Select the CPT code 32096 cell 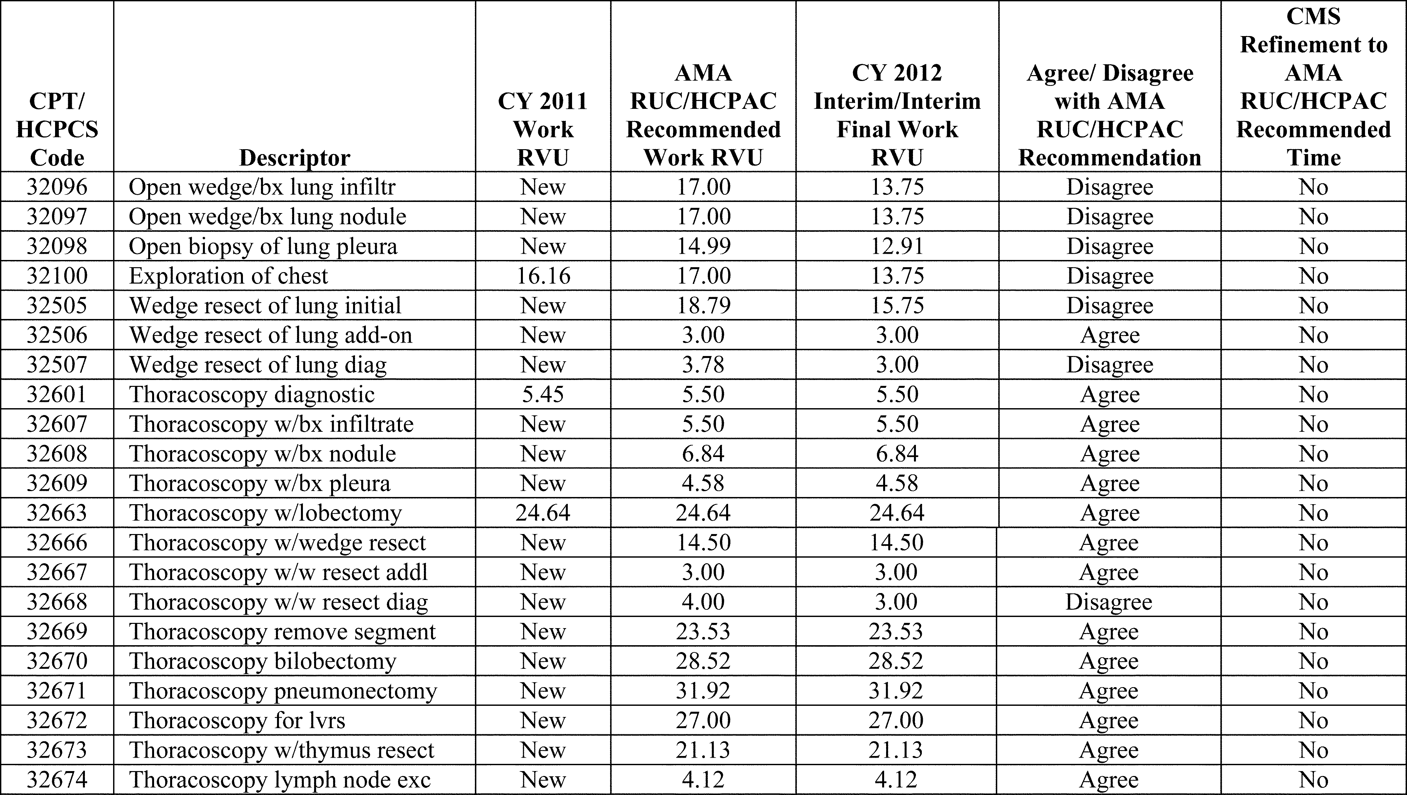57,187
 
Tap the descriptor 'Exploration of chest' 228,276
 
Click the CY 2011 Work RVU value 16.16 543,276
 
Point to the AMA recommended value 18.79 703,306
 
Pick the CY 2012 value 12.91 897,247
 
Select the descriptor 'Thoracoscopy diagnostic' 252,394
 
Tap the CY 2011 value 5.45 543,394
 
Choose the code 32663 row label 57,513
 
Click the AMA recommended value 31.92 703,691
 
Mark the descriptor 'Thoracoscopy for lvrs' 237,721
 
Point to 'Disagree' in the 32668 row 1108,602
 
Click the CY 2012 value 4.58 897,484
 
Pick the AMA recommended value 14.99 703,247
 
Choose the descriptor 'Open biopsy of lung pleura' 263,247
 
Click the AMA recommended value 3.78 703,365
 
